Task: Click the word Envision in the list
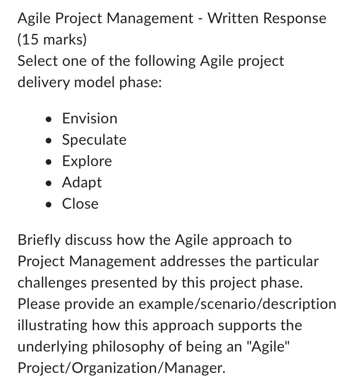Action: (89, 118)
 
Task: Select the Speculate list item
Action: (94, 140)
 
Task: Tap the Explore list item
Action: (87, 161)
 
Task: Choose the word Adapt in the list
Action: (82, 182)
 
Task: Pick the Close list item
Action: (80, 204)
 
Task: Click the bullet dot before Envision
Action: (49, 119)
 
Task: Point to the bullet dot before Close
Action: (49, 204)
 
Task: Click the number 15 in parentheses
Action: (30, 40)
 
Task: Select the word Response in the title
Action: (295, 19)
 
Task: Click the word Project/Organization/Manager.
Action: (121, 368)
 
